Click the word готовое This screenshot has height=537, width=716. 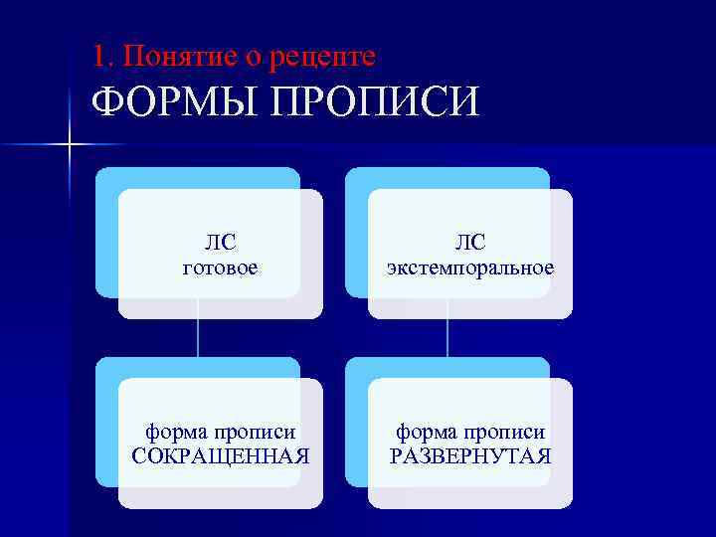[221, 268]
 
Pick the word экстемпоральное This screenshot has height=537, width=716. [470, 268]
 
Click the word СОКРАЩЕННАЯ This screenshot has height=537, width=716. [221, 456]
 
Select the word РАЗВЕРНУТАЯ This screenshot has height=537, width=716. [470, 456]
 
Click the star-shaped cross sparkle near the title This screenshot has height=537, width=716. [69, 146]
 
